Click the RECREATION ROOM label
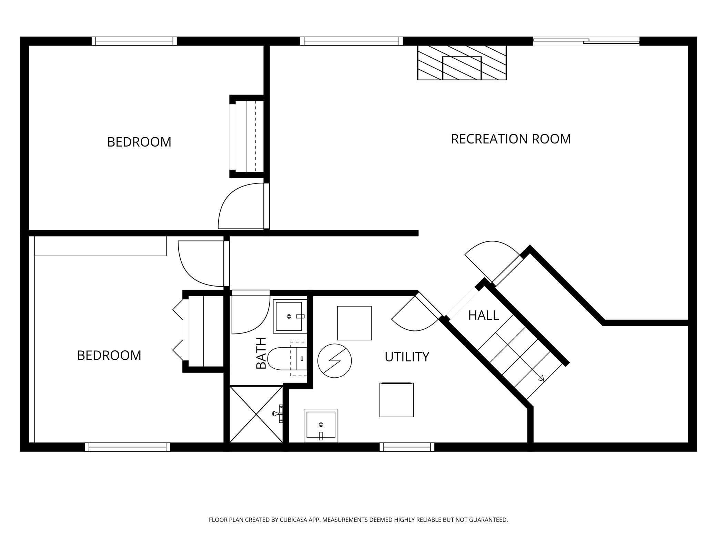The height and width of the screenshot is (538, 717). click(511, 139)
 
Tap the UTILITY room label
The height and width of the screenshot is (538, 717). click(407, 357)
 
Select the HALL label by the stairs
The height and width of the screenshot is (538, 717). click(483, 315)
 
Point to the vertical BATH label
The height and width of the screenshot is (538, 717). click(261, 353)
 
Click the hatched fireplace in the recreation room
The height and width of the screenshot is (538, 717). click(462, 62)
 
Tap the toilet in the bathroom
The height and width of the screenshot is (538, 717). click(287, 359)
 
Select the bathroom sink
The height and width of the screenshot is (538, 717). click(290, 316)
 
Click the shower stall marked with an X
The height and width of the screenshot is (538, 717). click(256, 414)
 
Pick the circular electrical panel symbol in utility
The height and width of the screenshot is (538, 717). click(334, 361)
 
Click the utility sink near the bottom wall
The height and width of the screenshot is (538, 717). click(321, 425)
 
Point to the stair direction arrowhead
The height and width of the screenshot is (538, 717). click(541, 378)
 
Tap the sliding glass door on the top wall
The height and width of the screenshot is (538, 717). click(586, 41)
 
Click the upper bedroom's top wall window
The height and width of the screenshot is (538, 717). click(134, 41)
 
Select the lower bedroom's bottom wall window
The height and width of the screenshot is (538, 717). click(128, 447)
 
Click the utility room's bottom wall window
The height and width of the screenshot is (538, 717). click(407, 447)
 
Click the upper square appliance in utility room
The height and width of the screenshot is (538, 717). click(354, 323)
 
